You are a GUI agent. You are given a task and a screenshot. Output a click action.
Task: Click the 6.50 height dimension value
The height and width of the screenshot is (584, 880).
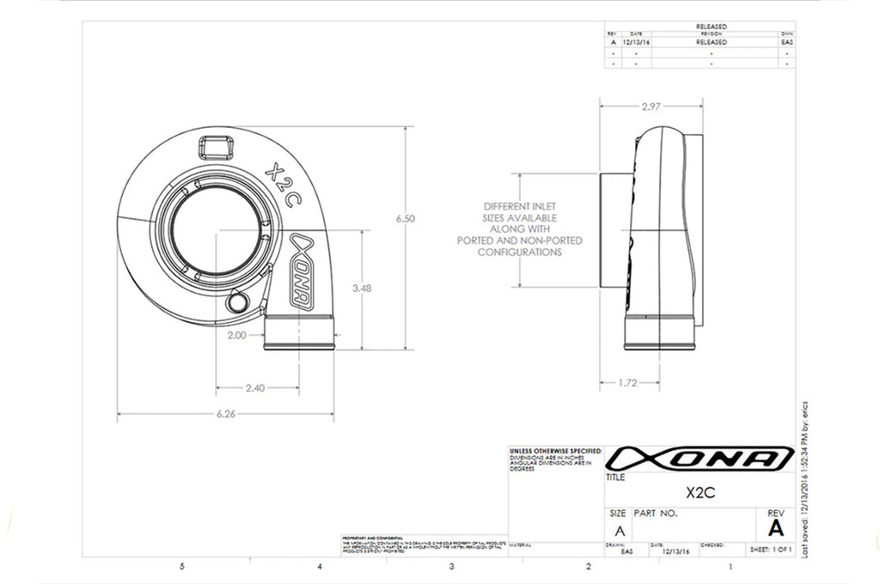click(406, 220)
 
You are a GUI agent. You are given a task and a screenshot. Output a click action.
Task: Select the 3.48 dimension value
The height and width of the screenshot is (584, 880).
click(362, 289)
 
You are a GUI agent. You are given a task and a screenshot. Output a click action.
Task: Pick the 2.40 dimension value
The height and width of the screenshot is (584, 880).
click(255, 388)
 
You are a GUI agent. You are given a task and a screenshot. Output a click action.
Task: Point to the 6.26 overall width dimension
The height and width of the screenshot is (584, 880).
click(226, 414)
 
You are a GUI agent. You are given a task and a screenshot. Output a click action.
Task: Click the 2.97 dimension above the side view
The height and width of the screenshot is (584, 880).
click(651, 106)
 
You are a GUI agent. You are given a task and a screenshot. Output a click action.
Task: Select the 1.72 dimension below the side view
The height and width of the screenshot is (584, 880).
click(627, 383)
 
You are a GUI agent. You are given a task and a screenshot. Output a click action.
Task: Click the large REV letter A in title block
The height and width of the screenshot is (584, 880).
click(776, 526)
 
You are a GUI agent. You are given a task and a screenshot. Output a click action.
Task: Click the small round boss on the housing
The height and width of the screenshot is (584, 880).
click(237, 303)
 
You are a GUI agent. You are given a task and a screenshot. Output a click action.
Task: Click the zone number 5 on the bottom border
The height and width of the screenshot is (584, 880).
click(181, 567)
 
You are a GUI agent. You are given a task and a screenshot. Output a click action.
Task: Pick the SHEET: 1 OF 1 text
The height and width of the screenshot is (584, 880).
click(770, 547)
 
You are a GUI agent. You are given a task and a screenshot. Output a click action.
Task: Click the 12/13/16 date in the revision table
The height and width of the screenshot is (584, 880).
click(636, 41)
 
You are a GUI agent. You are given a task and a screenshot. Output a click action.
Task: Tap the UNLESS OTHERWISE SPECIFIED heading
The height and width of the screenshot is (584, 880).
click(554, 450)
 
